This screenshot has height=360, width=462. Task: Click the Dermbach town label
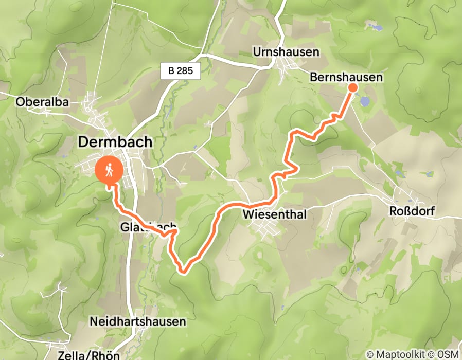click(115, 142)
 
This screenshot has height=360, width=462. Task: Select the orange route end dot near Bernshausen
click(353, 87)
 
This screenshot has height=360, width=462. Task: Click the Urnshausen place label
click(286, 52)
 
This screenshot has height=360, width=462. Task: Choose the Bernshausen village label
click(346, 77)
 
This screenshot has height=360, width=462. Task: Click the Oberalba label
click(42, 102)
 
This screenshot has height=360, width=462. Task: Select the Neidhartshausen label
click(137, 322)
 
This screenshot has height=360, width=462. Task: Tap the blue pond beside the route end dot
click(365, 101)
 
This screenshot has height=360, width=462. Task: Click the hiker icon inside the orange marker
click(110, 169)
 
